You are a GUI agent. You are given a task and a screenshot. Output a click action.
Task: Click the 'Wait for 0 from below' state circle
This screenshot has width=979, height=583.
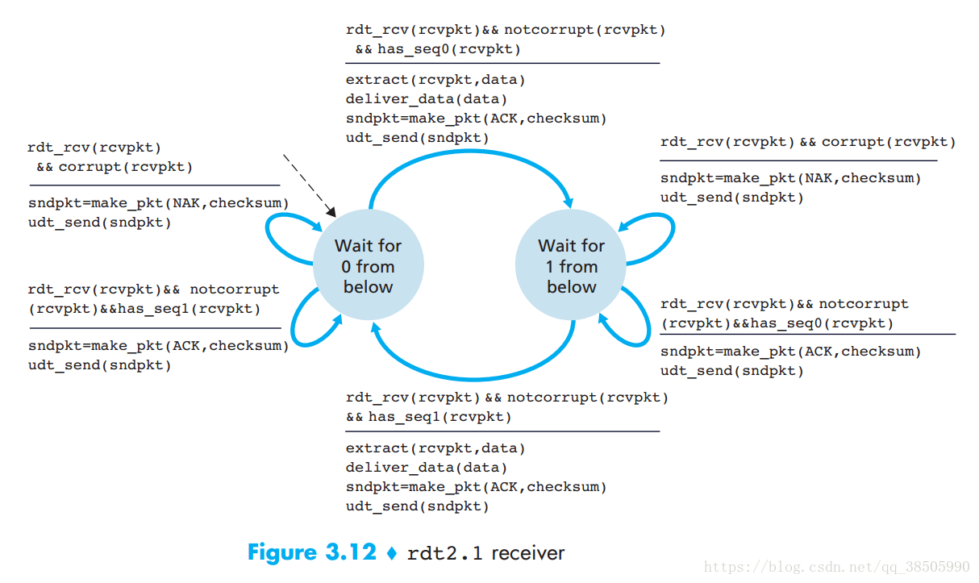pyautogui.click(x=368, y=266)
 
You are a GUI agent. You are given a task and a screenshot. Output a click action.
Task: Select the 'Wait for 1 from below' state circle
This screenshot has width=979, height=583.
pyautogui.click(x=571, y=266)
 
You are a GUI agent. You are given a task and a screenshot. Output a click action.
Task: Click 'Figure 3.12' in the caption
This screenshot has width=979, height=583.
pyautogui.click(x=311, y=553)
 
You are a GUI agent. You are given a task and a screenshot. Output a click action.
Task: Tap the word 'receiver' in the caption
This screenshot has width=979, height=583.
pyautogui.click(x=527, y=553)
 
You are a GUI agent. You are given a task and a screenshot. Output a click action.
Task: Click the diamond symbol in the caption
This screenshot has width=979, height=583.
pyautogui.click(x=393, y=554)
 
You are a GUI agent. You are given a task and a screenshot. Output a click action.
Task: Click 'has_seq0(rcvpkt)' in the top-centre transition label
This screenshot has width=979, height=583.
pyautogui.click(x=448, y=50)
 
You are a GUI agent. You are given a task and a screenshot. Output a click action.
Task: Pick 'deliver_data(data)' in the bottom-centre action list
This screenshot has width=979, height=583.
pyautogui.click(x=427, y=468)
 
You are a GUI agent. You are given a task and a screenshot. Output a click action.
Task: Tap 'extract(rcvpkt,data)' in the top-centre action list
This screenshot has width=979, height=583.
pyautogui.click(x=435, y=80)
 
